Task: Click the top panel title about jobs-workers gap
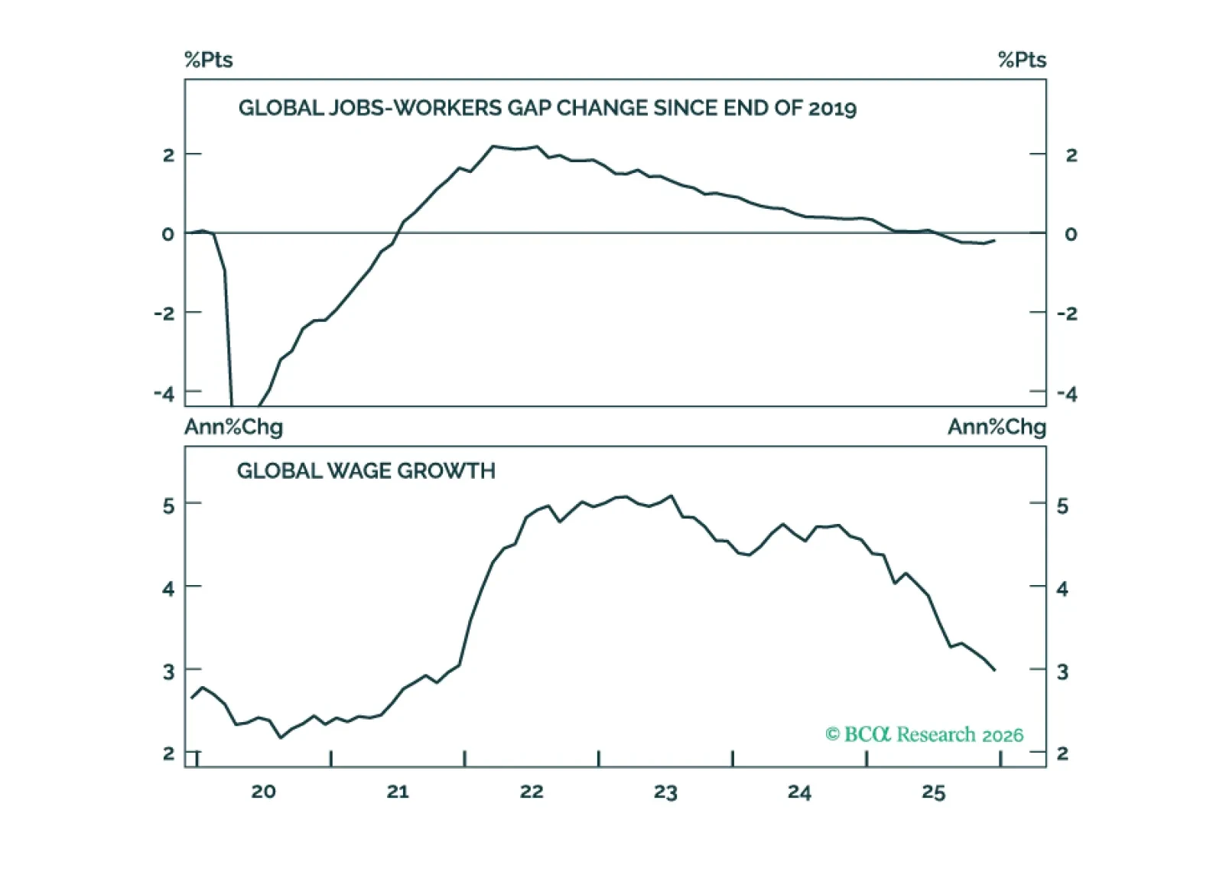pyautogui.click(x=547, y=108)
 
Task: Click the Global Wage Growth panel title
pyautogui.click(x=366, y=470)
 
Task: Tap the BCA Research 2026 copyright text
pyautogui.click(x=924, y=734)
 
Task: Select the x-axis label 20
pyautogui.click(x=263, y=792)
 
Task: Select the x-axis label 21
pyautogui.click(x=398, y=792)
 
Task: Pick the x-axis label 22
pyautogui.click(x=532, y=792)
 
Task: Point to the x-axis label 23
pyautogui.click(x=665, y=792)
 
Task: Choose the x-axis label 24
pyautogui.click(x=799, y=792)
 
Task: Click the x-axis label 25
pyautogui.click(x=933, y=792)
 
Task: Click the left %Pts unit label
pyautogui.click(x=208, y=60)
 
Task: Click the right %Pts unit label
pyautogui.click(x=1022, y=60)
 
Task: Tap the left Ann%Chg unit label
pyautogui.click(x=233, y=427)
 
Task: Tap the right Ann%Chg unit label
pyautogui.click(x=997, y=427)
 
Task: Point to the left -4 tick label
pyautogui.click(x=164, y=393)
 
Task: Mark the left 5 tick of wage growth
pyautogui.click(x=168, y=506)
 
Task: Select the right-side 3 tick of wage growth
pyautogui.click(x=1062, y=672)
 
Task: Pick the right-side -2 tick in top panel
pyautogui.click(x=1067, y=313)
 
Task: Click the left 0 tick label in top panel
pyautogui.click(x=167, y=234)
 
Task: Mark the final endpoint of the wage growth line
pyautogui.click(x=995, y=671)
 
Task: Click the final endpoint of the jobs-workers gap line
pyautogui.click(x=994, y=240)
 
